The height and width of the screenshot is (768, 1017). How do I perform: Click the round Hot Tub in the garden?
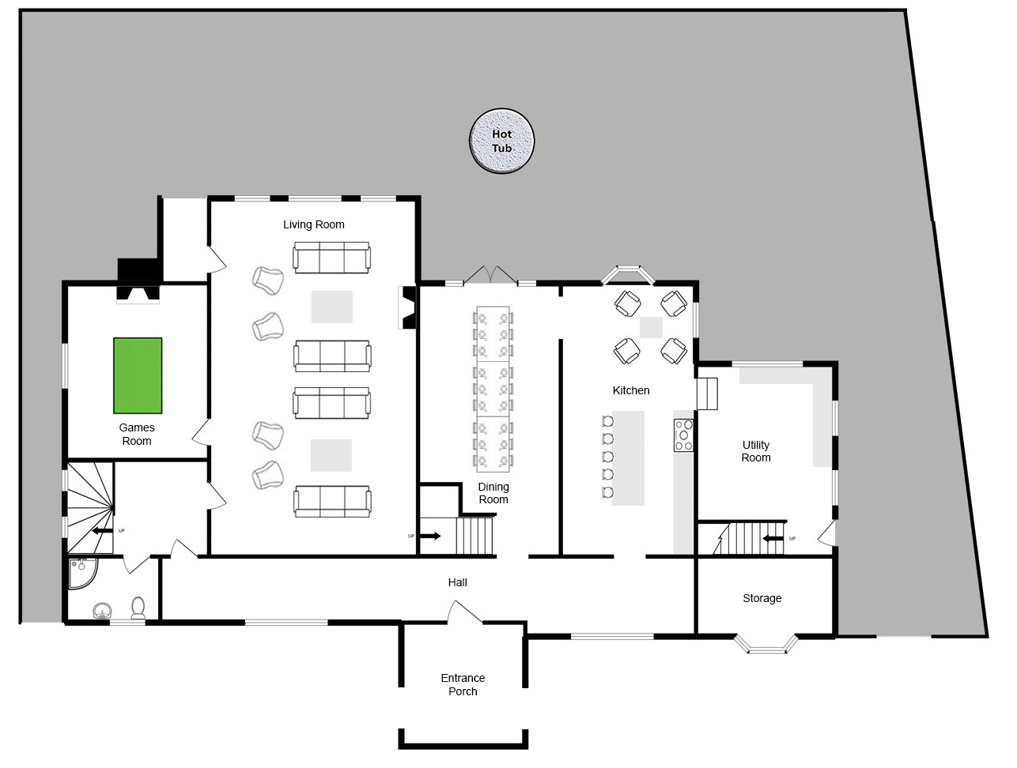[502, 141]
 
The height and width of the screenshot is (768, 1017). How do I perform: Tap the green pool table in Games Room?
[138, 375]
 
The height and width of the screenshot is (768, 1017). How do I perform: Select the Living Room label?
[314, 224]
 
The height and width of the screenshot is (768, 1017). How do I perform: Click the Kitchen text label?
[630, 390]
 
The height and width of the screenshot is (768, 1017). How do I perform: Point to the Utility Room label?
[756, 451]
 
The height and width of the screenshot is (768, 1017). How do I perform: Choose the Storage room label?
[762, 598]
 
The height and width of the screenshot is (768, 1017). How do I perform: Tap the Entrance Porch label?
[463, 684]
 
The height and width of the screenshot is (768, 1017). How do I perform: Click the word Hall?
[457, 582]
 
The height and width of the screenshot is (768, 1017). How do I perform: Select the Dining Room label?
[493, 493]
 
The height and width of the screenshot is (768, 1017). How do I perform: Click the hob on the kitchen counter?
[683, 435]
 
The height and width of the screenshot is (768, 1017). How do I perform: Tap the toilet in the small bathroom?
[138, 608]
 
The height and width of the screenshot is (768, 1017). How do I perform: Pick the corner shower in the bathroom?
[83, 573]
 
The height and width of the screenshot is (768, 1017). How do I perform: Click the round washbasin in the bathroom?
[102, 610]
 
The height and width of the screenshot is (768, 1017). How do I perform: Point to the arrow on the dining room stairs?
[431, 536]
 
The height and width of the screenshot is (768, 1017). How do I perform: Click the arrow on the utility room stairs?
[773, 538]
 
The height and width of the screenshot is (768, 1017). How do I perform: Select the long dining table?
[493, 389]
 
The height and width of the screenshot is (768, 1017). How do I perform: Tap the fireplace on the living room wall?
[408, 307]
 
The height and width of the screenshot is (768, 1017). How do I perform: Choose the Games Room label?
[137, 435]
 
